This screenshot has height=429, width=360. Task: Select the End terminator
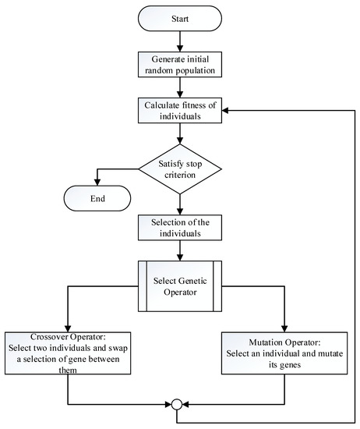pos(98,198)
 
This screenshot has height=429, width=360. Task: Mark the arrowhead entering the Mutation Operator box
pos(284,327)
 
